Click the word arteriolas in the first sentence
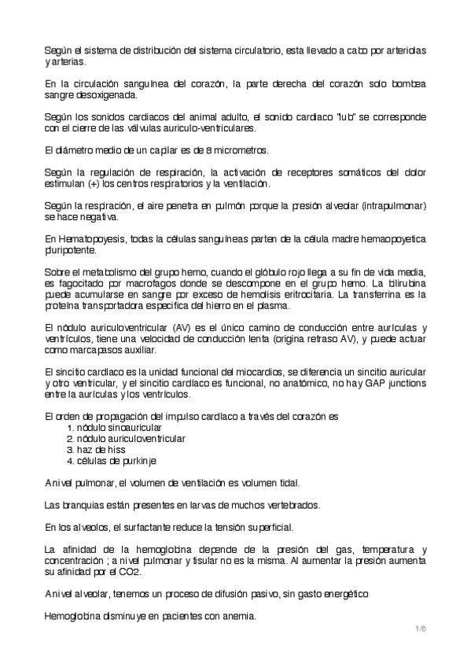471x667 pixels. tap(403, 50)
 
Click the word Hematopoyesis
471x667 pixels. tap(83, 239)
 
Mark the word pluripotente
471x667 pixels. tap(71, 250)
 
